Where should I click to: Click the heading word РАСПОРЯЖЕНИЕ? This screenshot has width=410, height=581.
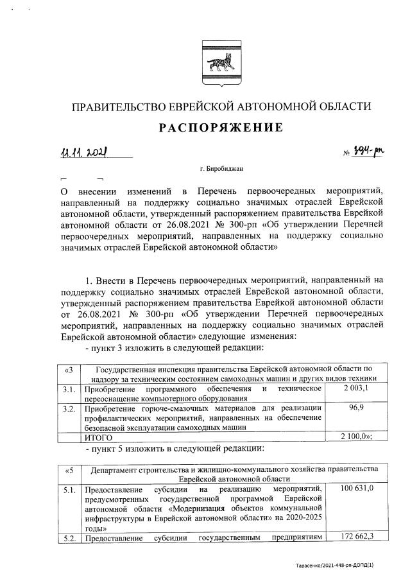[221, 127]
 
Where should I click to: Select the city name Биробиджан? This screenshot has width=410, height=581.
[221, 169]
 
